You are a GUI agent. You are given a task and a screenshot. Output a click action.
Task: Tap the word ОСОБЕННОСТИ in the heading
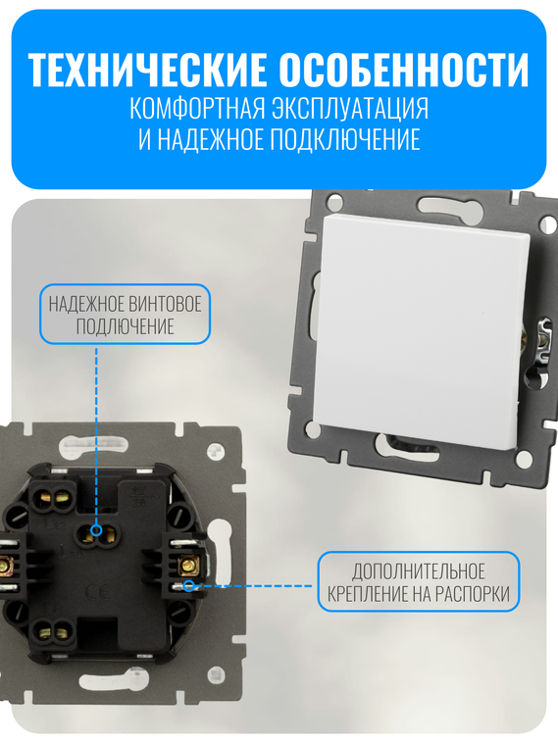point(404,71)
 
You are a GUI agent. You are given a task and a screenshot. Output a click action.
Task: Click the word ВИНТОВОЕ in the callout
point(168,303)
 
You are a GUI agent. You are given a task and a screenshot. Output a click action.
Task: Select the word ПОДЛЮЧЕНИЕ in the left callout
point(125,326)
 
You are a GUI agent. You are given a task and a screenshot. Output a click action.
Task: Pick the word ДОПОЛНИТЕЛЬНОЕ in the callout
point(419,570)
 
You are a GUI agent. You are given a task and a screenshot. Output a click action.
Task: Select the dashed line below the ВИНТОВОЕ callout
point(96,431)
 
